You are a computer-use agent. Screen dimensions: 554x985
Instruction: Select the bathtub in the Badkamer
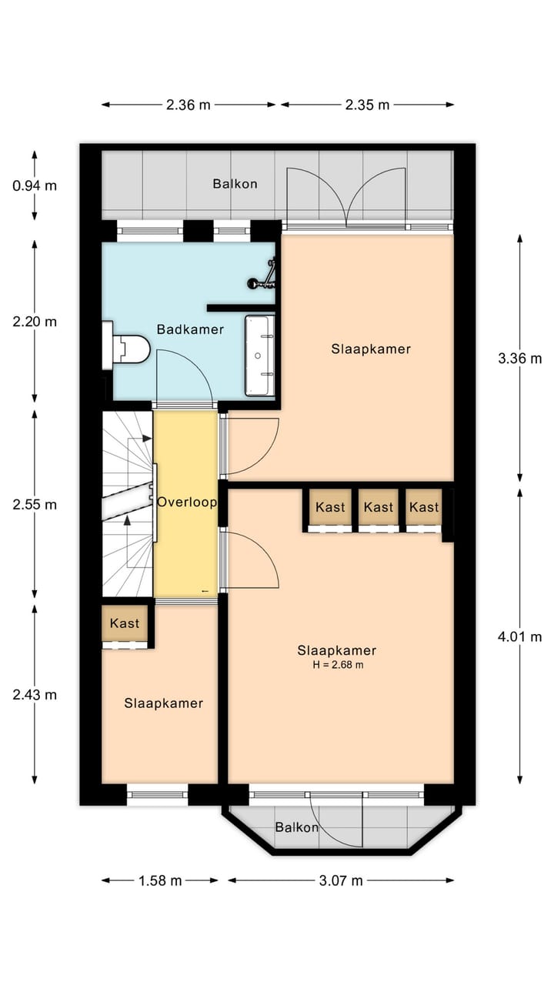point(260,356)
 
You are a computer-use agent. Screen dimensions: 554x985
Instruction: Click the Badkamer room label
point(190,329)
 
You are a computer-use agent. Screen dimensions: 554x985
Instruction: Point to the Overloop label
point(187,503)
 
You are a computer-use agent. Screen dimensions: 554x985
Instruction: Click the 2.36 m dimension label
point(189,105)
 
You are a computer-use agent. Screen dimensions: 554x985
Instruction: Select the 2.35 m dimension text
point(367,105)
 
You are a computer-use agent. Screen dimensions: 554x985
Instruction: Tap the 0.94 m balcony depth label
point(35,186)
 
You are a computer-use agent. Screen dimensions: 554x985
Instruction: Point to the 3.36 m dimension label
point(519,359)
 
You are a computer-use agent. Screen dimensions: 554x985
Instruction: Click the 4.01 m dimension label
point(519,636)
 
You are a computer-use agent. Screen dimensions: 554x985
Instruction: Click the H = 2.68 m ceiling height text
point(338,665)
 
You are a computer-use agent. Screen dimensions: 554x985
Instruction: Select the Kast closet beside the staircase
point(125,623)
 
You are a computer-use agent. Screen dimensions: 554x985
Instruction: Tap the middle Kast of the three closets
point(378,507)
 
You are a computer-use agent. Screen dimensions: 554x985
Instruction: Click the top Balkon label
point(235,184)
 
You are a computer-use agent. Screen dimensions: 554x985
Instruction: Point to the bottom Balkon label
point(297,827)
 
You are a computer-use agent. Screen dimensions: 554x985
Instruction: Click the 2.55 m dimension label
point(35,505)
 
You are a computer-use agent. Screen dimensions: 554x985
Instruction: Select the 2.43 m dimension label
point(35,695)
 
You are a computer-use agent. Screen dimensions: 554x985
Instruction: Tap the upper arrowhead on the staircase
point(147,439)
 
